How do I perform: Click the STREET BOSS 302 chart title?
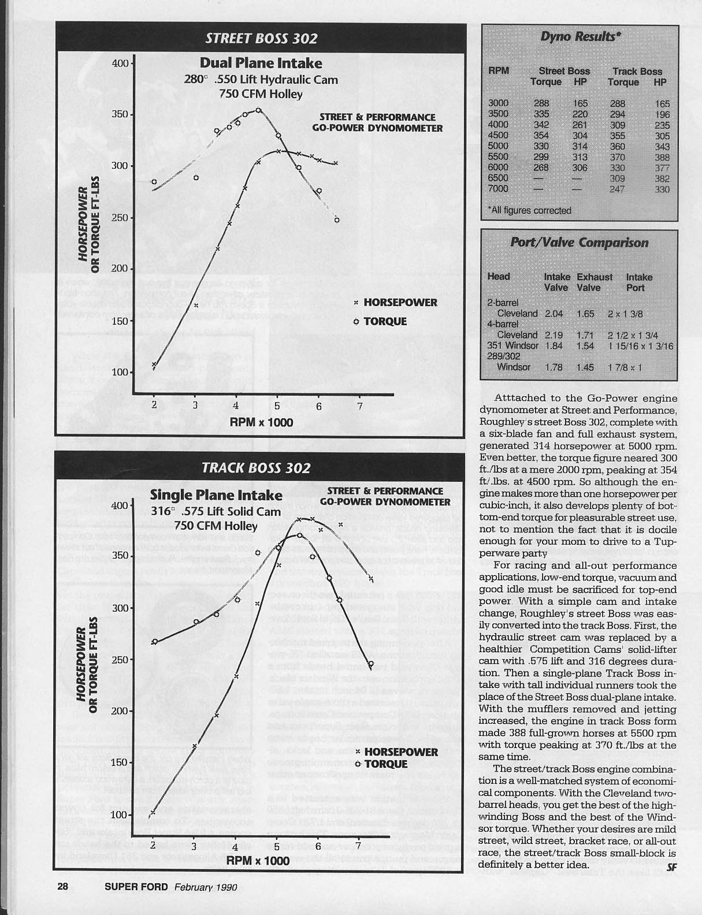point(261,38)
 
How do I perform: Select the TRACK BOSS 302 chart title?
point(256,468)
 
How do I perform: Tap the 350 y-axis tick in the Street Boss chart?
point(120,114)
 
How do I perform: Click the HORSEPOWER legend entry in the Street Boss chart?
point(400,302)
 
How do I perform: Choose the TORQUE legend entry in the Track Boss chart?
point(385,764)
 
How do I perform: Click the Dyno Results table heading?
point(580,37)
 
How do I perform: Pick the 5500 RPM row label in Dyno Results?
point(498,157)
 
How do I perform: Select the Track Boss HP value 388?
point(662,157)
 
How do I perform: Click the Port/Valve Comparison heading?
point(579,243)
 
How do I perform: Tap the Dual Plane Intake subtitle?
point(261,63)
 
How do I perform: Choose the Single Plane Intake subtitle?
point(216,495)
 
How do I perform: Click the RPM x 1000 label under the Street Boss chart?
point(261,422)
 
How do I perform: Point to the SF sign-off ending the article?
point(671,866)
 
